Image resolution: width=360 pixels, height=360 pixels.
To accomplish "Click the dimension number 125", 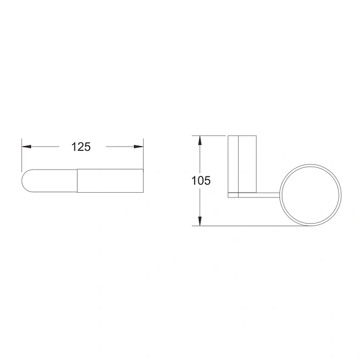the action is click(81, 147).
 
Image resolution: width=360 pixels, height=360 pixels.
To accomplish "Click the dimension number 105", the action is click(201, 181).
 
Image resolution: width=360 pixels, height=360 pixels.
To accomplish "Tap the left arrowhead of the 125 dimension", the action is click(27, 147).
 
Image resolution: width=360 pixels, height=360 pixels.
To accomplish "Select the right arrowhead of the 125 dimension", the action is click(138, 147).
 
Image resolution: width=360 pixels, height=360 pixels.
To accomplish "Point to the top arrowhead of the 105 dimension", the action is click(200, 140).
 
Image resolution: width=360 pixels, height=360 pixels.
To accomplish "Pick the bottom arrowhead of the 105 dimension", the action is click(200, 221).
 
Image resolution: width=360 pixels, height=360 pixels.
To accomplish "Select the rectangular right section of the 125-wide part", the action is click(110, 181).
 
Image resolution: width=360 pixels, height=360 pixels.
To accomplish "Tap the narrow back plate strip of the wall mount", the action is click(233, 164).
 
